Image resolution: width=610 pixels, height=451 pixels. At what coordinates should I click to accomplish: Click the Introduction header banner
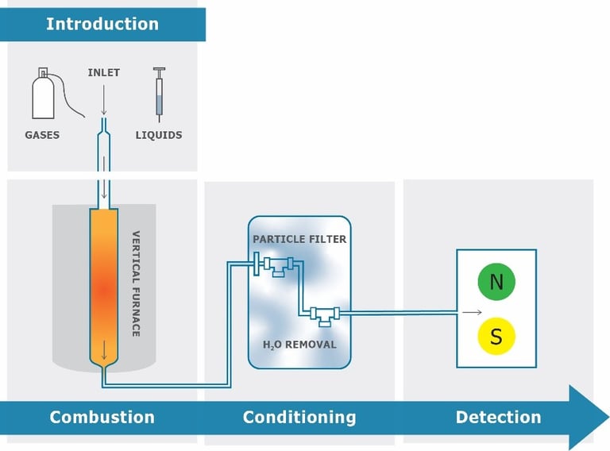pos(102,24)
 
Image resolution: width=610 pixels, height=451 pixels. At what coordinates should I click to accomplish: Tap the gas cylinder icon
pos(44,94)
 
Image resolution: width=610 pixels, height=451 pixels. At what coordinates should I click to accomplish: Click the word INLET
pos(103,73)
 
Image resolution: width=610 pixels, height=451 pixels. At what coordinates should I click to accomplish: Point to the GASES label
pos(42,135)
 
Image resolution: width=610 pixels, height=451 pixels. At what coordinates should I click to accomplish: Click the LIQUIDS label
pos(159,135)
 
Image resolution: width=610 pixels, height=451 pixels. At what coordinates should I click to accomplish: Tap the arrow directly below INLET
pos(103,98)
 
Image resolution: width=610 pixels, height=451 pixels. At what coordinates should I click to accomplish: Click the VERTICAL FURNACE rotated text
pos(136,283)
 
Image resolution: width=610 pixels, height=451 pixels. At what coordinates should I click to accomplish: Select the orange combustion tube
pos(104,286)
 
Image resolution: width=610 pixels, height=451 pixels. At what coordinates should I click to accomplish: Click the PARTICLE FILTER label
pos(299,239)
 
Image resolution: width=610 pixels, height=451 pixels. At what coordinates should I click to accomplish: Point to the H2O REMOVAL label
pos(299,345)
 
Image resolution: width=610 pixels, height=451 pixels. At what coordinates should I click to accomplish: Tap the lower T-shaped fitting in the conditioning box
pos(325,314)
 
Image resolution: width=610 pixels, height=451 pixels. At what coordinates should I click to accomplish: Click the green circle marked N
pos(496,282)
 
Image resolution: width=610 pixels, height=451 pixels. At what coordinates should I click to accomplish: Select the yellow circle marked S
pos(496,337)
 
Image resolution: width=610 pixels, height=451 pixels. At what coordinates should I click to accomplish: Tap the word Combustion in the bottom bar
pos(102,417)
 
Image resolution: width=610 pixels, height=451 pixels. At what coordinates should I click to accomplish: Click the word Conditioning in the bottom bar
pos(299,417)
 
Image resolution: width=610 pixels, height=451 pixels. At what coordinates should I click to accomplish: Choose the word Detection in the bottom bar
pos(498,417)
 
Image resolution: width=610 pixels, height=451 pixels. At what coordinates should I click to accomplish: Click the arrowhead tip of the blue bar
pos(605,418)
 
